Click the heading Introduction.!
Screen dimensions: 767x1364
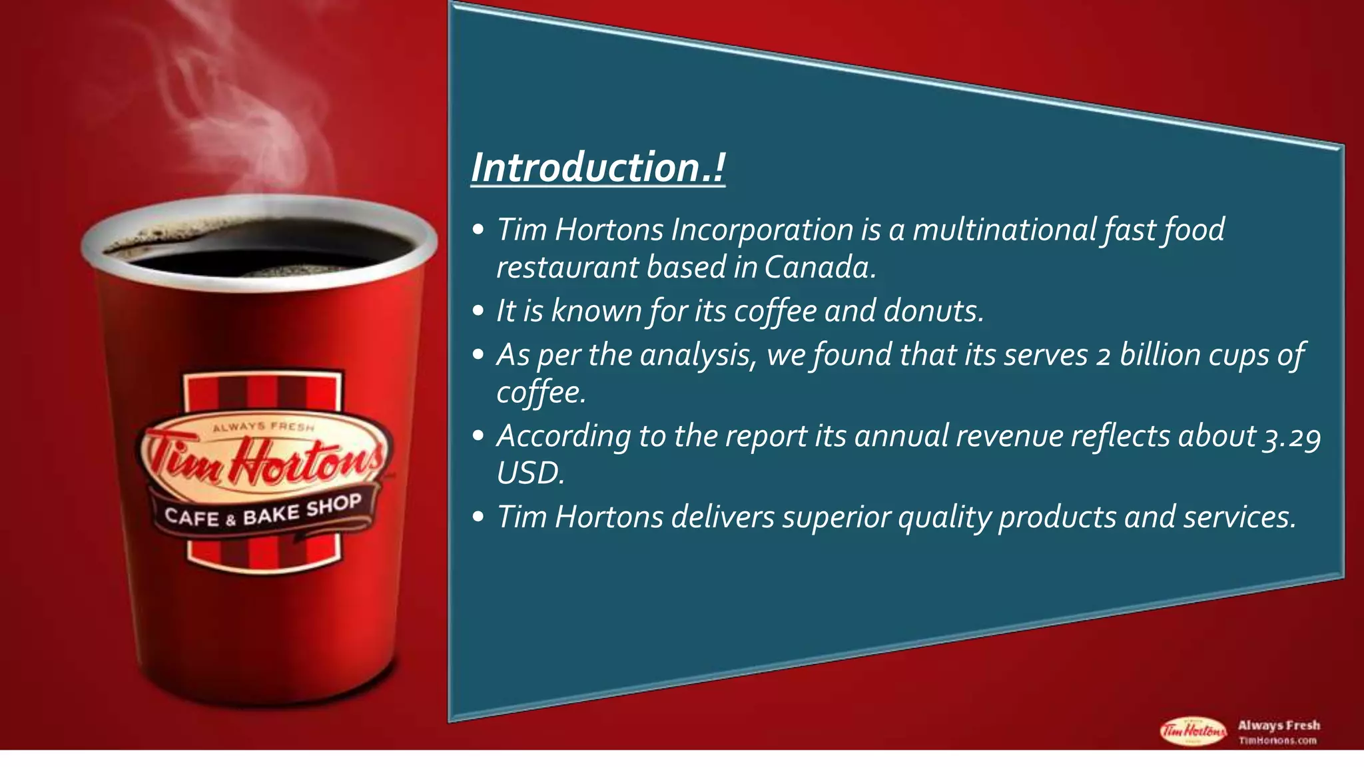[x=597, y=167]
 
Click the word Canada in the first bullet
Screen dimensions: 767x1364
[x=818, y=268]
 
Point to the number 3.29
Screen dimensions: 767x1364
[x=1292, y=437]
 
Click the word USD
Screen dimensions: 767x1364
[x=529, y=474]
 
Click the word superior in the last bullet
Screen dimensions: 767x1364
[x=836, y=517]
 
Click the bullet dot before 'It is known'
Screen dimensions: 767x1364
[x=478, y=312]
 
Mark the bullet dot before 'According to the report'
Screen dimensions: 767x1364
[x=478, y=437]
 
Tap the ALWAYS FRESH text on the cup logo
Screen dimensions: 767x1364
[x=263, y=427]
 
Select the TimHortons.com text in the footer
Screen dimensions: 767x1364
[x=1277, y=740]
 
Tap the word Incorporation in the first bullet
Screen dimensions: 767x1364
[x=762, y=230]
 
